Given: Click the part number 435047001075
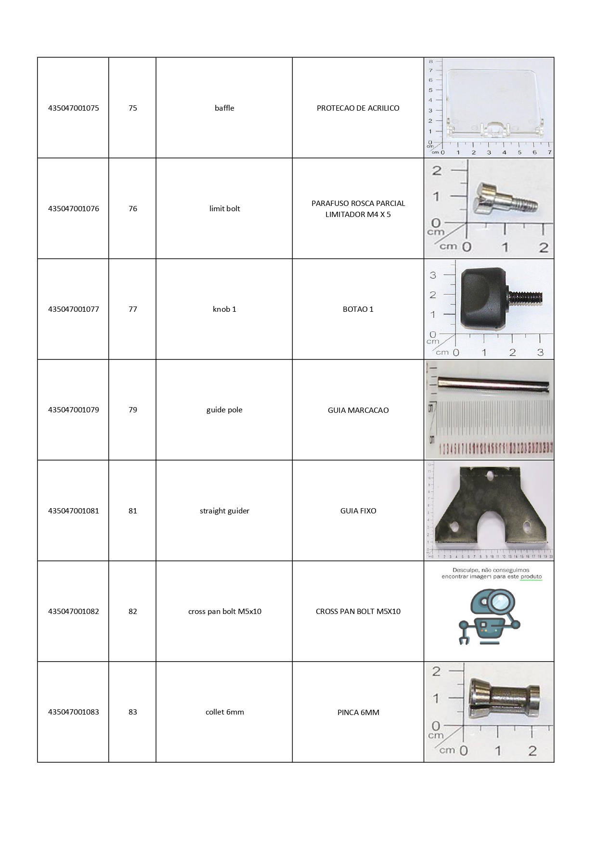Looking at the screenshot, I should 73,108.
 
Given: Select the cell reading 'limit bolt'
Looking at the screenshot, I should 224,208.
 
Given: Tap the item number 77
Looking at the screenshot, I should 132,309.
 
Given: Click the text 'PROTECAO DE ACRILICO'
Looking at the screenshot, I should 358,108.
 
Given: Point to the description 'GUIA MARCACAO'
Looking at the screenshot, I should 358,410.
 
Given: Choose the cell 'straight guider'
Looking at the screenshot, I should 224,511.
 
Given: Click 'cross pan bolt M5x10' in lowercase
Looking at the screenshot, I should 224,611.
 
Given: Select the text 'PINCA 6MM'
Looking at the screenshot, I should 358,712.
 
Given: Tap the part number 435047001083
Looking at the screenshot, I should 73,712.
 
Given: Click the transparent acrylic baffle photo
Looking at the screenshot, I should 496,103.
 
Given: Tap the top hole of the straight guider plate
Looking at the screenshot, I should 490,476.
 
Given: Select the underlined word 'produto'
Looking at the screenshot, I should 531,576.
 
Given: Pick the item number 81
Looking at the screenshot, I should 132,511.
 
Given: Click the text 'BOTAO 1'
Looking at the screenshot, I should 358,309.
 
